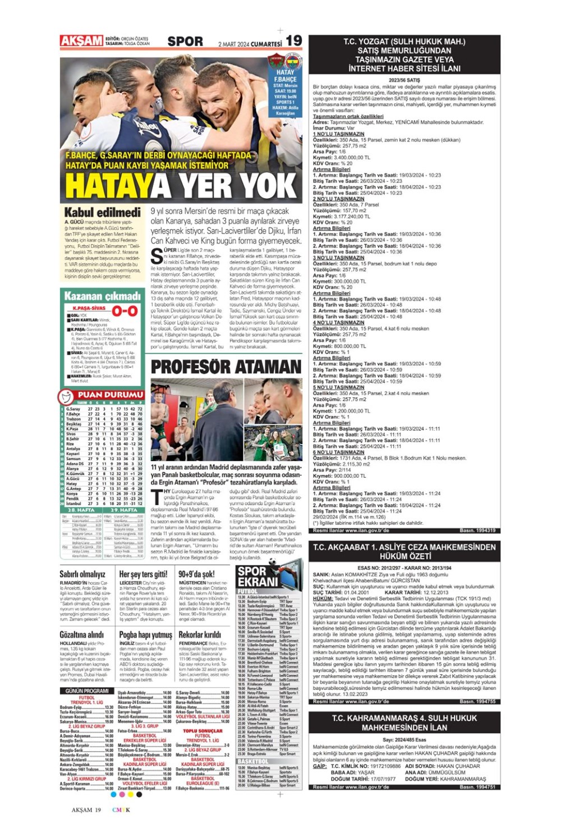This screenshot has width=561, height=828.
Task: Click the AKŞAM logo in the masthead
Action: click(x=82, y=40)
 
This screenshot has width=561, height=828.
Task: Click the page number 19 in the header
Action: click(x=294, y=40)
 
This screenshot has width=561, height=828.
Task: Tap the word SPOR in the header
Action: click(x=185, y=42)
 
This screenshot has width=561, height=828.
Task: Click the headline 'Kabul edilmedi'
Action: click(x=103, y=213)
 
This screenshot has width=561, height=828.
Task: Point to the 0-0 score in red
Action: click(x=125, y=310)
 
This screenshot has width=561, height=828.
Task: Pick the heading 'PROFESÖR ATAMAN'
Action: click(x=226, y=367)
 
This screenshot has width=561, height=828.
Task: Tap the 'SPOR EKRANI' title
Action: click(x=257, y=577)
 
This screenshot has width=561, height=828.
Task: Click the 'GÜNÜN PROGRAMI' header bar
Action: click(x=87, y=690)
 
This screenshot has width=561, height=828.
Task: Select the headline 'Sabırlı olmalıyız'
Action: click(x=82, y=574)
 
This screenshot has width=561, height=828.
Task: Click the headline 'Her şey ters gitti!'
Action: click(x=143, y=574)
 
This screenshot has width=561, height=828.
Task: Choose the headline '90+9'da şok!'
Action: click(x=196, y=574)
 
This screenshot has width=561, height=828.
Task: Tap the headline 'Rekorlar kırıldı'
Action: click(x=199, y=635)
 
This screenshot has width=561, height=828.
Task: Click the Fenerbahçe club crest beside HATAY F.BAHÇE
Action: click(x=293, y=61)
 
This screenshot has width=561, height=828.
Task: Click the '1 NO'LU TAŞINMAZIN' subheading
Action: click(x=338, y=134)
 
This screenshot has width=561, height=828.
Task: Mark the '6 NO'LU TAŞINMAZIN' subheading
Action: click(x=338, y=452)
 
